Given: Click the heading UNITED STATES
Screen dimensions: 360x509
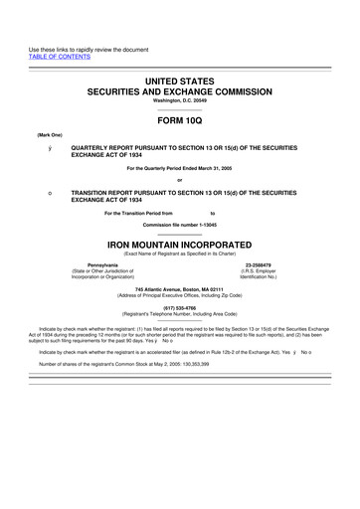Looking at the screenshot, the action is (180, 78).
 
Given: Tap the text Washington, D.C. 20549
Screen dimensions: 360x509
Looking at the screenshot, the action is (180, 100).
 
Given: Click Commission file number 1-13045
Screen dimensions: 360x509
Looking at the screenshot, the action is (180, 225).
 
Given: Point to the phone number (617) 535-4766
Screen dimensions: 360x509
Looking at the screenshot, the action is (180, 308).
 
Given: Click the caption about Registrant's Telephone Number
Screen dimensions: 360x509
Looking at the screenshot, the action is (180, 315).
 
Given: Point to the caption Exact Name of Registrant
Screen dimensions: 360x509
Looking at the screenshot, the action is (180, 254).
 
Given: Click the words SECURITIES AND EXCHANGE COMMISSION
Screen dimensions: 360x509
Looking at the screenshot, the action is (180, 89).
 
